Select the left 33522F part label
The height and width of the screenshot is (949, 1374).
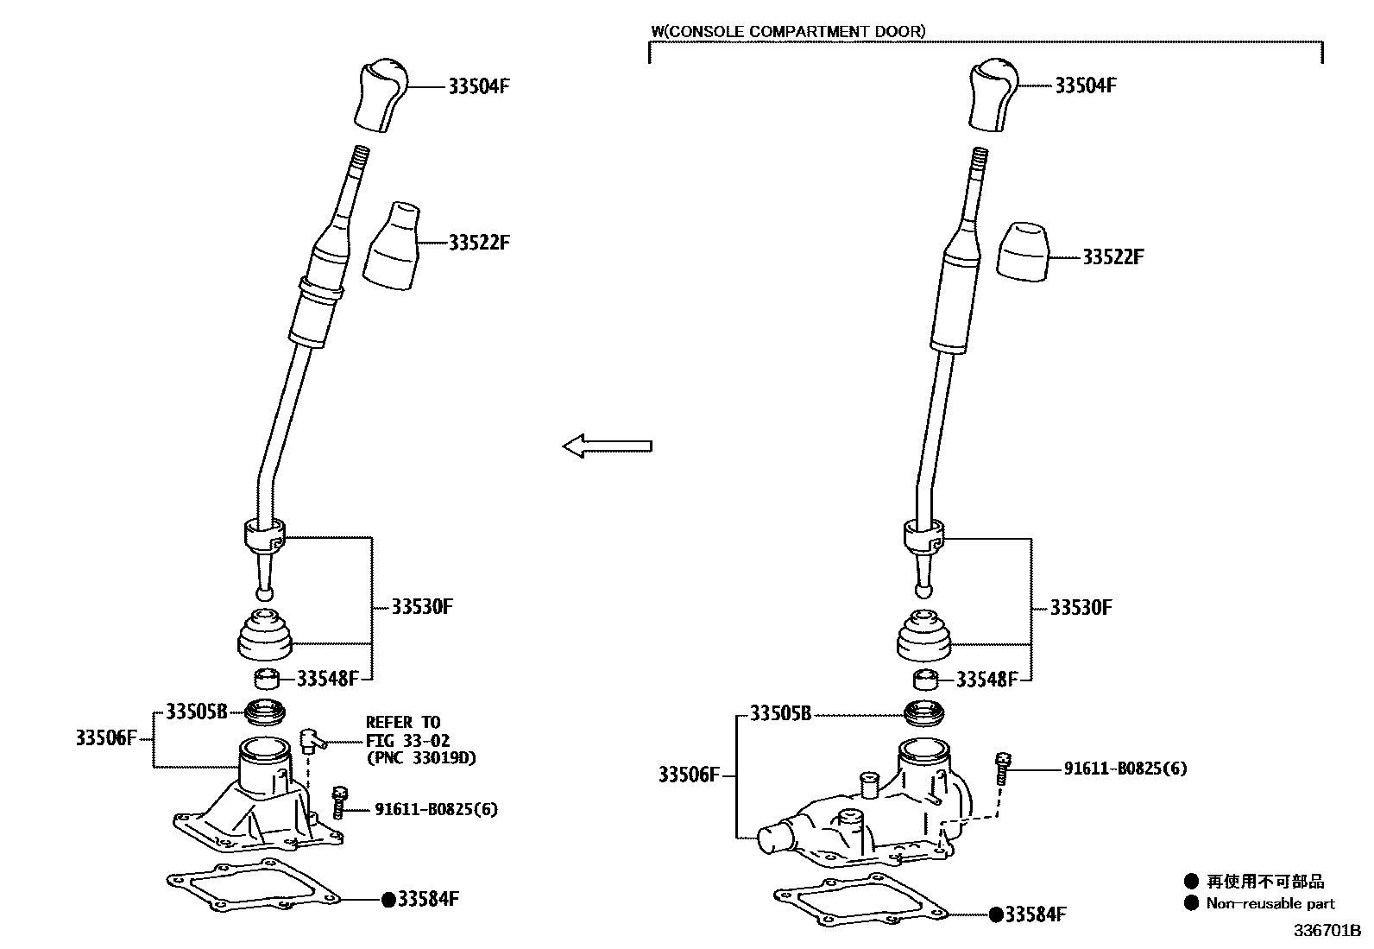[479, 243]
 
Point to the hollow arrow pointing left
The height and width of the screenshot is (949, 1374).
[607, 446]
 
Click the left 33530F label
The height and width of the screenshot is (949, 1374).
[422, 606]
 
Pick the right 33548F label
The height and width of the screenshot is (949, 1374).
[986, 680]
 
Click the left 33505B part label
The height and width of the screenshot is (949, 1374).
[196, 712]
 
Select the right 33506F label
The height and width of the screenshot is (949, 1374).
[689, 775]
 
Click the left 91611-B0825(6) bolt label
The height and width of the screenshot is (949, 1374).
[436, 809]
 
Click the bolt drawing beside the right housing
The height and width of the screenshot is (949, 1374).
[1002, 768]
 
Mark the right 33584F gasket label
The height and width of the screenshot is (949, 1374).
[1034, 914]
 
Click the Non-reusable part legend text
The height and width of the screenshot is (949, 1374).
[1270, 904]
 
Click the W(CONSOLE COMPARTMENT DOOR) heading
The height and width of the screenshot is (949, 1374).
[787, 32]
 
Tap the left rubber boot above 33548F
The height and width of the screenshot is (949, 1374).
[264, 635]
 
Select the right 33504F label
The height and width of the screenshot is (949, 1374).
[1086, 85]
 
